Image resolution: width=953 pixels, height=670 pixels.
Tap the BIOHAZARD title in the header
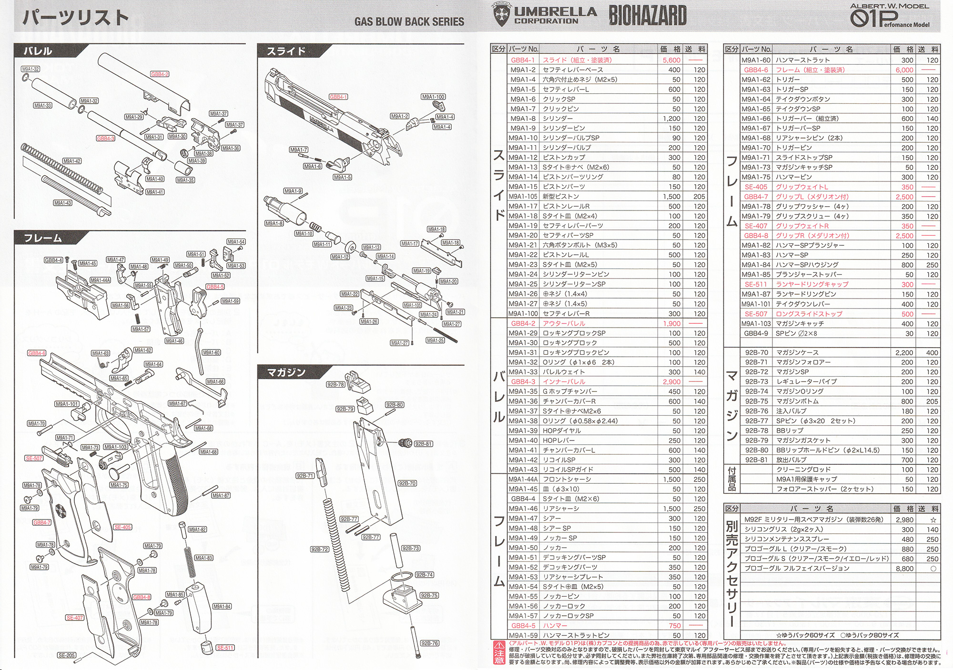(648, 16)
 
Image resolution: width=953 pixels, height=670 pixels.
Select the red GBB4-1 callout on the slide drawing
(338, 97)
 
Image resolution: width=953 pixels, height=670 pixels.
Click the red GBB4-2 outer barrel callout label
(160, 74)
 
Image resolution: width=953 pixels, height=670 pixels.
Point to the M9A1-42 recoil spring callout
(72, 161)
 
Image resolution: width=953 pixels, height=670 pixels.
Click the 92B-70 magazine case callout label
(407, 483)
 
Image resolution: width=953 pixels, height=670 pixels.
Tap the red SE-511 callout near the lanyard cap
(225, 648)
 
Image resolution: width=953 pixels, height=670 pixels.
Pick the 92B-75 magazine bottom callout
(429, 596)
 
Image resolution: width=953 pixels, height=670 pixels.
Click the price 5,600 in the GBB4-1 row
(671, 60)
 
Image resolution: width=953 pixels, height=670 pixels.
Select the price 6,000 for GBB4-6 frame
(904, 70)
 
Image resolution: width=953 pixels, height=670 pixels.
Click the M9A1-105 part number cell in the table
(523, 197)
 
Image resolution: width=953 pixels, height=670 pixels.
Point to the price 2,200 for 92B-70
(904, 353)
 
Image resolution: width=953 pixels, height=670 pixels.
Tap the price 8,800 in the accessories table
(904, 569)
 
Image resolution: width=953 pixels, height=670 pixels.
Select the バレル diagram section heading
(38, 51)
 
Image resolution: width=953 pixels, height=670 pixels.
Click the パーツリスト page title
(76, 18)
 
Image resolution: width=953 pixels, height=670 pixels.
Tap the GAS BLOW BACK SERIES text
(409, 21)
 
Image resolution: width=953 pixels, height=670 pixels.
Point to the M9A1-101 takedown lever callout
(67, 404)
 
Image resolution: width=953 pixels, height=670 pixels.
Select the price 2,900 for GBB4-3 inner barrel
(671, 382)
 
